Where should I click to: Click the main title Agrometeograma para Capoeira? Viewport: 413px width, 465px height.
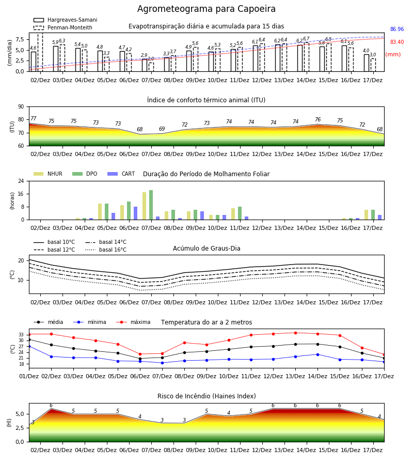pos(206,9)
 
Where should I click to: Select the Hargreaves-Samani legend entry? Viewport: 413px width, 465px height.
pos(66,20)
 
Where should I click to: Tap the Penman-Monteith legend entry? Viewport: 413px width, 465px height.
pos(63,27)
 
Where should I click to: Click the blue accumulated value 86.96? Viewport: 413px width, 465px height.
pos(397,29)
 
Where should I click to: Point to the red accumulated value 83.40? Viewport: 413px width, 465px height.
pos(397,42)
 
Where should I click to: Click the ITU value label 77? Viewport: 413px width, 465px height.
pos(33,119)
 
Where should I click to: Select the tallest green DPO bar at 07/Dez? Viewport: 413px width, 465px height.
pos(151,205)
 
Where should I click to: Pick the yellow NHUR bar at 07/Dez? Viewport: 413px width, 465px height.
pos(144,206)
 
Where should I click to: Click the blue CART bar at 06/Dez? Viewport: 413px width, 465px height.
pos(135,213)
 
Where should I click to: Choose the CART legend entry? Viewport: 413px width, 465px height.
pos(121,174)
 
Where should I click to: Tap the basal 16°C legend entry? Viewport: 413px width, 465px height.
pos(106,250)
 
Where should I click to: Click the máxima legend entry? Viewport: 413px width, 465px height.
pos(133,322)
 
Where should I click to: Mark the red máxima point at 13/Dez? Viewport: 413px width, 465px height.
pos(295,333)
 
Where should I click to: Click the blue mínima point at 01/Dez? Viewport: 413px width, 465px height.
pos(29,346)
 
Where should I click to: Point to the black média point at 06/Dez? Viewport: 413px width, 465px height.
pos(140,359)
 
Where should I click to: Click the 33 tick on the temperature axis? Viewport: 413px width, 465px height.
pos(21,335)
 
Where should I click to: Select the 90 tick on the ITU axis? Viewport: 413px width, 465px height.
pos(21,107)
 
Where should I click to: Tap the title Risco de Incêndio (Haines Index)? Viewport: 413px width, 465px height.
pos(206,396)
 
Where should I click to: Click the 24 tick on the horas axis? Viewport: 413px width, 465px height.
pos(21,181)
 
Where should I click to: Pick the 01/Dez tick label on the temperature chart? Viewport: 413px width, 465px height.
pos(29,376)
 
